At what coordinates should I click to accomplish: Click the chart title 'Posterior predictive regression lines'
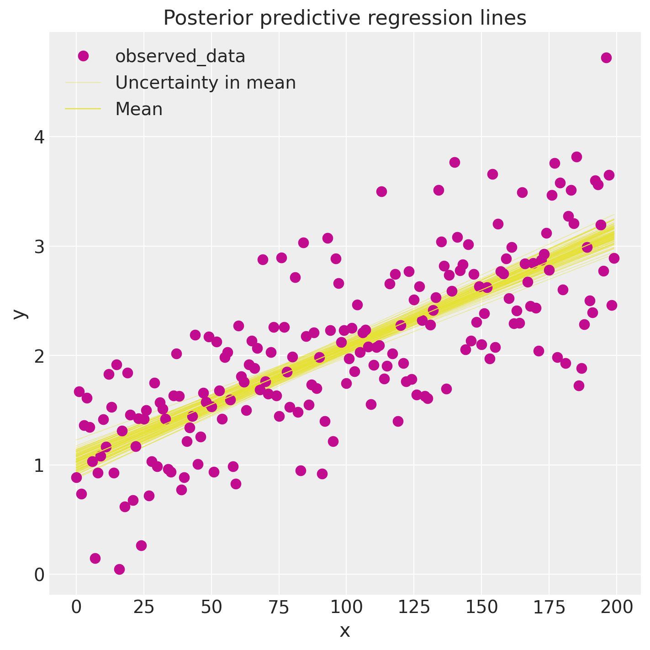pyautogui.click(x=345, y=18)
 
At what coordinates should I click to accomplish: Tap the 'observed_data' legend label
pyautogui.click(x=180, y=56)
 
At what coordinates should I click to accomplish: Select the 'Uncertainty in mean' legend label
pyautogui.click(x=205, y=83)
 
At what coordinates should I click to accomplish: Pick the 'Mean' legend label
pyautogui.click(x=139, y=109)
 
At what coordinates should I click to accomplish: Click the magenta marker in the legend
pyautogui.click(x=83, y=56)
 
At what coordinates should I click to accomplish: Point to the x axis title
pyautogui.click(x=345, y=631)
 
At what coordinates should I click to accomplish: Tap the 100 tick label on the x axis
pyautogui.click(x=346, y=608)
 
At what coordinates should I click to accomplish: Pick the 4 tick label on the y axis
pyautogui.click(x=40, y=137)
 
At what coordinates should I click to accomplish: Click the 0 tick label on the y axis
pyautogui.click(x=40, y=575)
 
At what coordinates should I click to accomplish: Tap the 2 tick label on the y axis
pyautogui.click(x=40, y=356)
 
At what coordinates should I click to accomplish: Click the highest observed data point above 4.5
pyautogui.click(x=606, y=58)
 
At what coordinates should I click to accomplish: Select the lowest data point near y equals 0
pyautogui.click(x=119, y=569)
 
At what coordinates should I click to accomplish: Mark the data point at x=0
pyautogui.click(x=76, y=477)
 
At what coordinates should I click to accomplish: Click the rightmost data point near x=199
pyautogui.click(x=614, y=258)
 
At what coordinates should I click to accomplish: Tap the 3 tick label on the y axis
pyautogui.click(x=40, y=247)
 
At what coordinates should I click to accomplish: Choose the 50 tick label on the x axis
pyautogui.click(x=211, y=608)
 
